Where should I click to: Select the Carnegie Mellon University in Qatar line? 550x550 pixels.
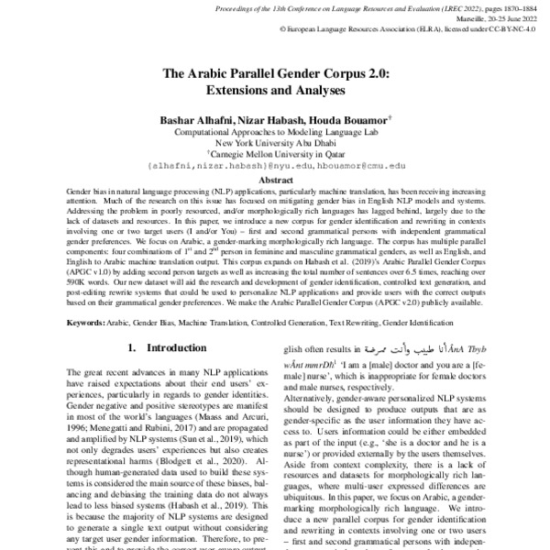click(x=276, y=155)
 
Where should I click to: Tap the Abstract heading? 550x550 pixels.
click(x=274, y=181)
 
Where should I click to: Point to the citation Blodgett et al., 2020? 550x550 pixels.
click(x=200, y=463)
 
